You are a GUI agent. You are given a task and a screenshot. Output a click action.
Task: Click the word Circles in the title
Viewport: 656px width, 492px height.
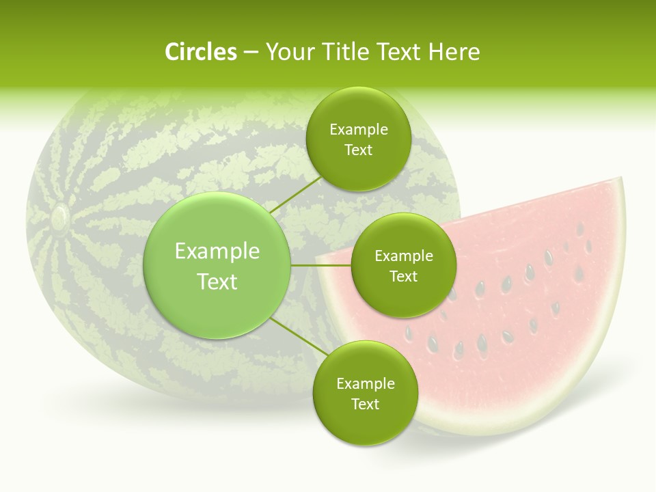(x=201, y=52)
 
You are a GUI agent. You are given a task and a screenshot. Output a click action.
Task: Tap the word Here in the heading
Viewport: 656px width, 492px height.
(x=454, y=52)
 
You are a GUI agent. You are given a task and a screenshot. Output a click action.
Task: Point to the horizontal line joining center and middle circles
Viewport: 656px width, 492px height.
(x=321, y=265)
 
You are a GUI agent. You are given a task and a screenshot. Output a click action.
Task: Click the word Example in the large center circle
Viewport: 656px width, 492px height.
(x=217, y=251)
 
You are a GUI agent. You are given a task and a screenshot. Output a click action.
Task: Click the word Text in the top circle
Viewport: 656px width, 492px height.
(x=358, y=150)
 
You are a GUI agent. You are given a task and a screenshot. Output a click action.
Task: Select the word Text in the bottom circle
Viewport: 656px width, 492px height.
(x=365, y=405)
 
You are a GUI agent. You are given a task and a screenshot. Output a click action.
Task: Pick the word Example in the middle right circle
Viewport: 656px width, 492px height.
(x=403, y=256)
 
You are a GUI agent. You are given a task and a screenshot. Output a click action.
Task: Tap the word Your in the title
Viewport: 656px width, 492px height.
(x=288, y=52)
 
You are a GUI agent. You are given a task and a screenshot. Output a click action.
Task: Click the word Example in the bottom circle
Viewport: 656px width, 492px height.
(x=365, y=384)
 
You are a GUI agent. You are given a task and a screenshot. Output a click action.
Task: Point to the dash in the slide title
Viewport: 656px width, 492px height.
(x=251, y=53)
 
